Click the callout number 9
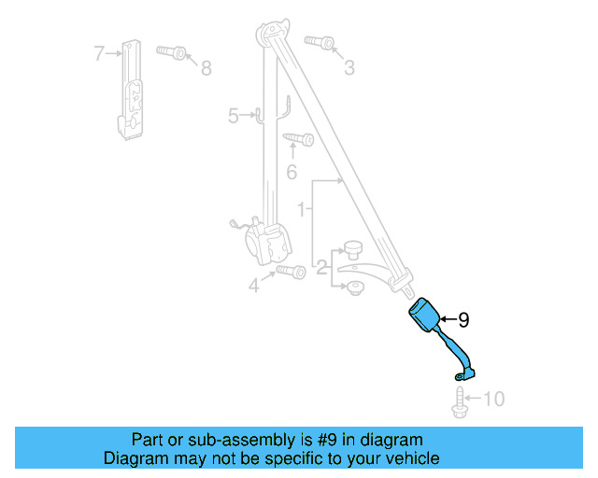coord(463,319)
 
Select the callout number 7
coord(100,53)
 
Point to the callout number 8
coord(206,67)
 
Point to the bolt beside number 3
coord(318,42)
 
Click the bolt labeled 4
coord(291,272)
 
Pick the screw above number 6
coord(298,140)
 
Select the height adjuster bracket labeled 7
coord(132,89)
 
